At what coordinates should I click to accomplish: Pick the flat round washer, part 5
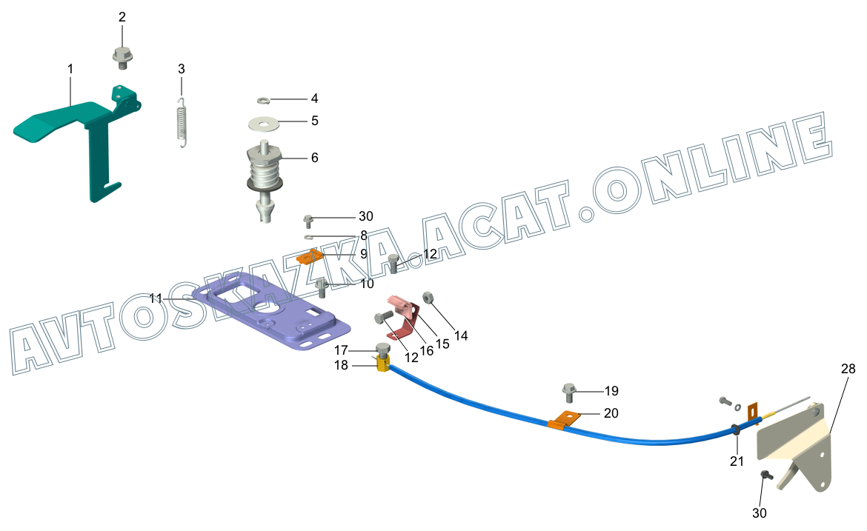point(265,121)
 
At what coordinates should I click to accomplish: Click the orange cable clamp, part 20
point(562,420)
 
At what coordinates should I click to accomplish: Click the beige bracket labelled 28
point(793,444)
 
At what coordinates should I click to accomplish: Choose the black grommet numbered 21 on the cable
point(735,429)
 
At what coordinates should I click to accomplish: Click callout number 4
point(314,98)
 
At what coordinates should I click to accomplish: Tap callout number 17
point(340,350)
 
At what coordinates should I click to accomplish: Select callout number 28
point(848,368)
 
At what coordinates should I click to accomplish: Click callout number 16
point(426,350)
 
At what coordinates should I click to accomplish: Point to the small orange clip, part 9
point(309,258)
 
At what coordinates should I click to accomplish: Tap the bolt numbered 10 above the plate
point(322,287)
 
